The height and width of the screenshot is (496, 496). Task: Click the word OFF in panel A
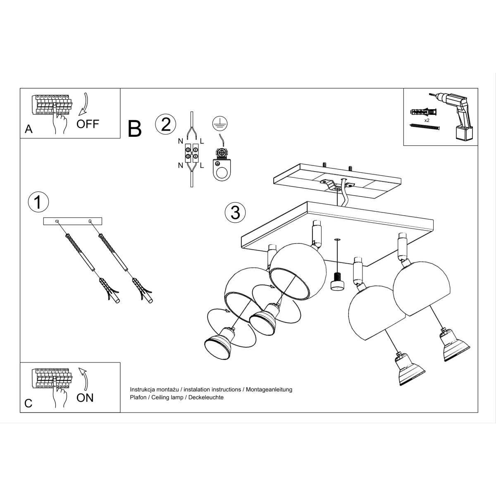88,124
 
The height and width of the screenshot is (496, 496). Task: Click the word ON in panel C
85,398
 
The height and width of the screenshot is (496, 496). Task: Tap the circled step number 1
38,202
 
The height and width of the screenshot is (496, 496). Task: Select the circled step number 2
165,124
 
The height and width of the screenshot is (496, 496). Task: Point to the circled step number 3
235,212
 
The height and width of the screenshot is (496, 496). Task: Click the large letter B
135,129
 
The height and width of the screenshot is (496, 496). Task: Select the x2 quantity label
427,120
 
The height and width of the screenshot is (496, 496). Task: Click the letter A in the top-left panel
29,129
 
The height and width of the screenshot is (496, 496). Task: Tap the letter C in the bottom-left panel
29,403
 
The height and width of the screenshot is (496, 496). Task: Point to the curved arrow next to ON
84,379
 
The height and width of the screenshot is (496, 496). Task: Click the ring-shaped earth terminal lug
222,170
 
